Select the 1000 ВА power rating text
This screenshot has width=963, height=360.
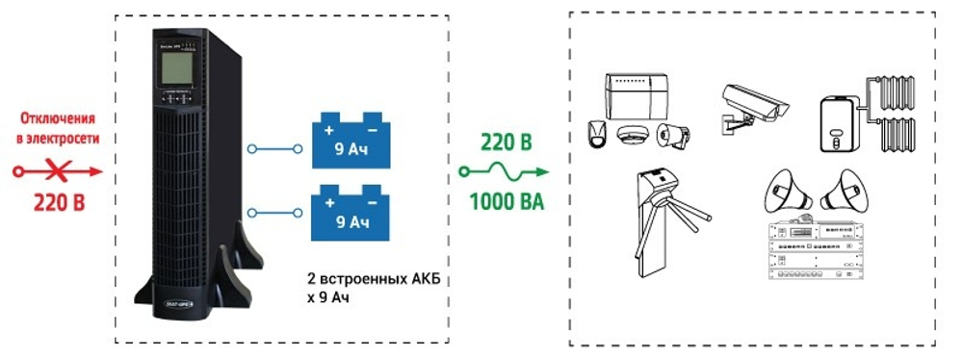pos(507,202)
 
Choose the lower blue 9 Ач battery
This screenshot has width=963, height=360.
pos(351,212)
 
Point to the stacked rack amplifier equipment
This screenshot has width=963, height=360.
pos(813,252)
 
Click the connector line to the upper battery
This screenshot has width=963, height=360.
pos(277,148)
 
